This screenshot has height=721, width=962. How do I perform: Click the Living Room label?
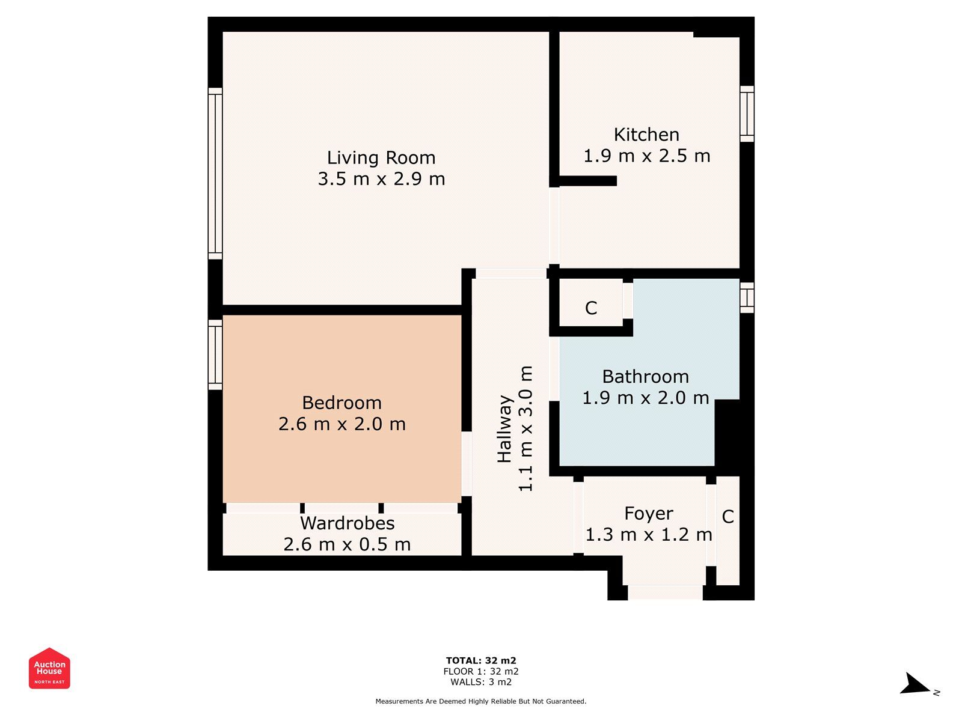pos(381,157)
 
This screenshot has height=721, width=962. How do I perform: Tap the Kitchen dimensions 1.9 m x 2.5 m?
pos(646,156)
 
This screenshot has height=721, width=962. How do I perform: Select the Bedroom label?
pos(342,403)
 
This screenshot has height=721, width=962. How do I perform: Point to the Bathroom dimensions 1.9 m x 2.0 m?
pos(645,398)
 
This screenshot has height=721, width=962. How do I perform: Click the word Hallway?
pos(504,428)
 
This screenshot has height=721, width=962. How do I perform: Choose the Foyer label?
pos(648,514)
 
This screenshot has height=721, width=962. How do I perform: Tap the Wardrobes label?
pos(347,523)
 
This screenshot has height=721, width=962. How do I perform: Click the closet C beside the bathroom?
pos(591,308)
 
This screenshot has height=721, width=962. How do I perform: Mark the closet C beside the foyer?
pos(728,517)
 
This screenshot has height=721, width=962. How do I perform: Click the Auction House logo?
pos(49,668)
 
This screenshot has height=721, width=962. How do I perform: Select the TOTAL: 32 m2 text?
pos(481,661)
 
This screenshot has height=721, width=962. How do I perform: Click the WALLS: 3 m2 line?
pos(481,682)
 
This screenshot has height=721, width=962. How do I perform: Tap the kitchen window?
pos(747,114)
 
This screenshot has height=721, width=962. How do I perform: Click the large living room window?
pos(215,174)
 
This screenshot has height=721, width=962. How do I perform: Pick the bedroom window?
pos(215,354)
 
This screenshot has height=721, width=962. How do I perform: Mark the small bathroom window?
pos(747,297)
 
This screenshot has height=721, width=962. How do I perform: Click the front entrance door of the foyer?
pos(665,592)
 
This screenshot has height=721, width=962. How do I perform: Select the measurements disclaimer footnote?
pos(481,701)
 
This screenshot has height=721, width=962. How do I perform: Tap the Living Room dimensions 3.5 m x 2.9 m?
pos(381,179)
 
